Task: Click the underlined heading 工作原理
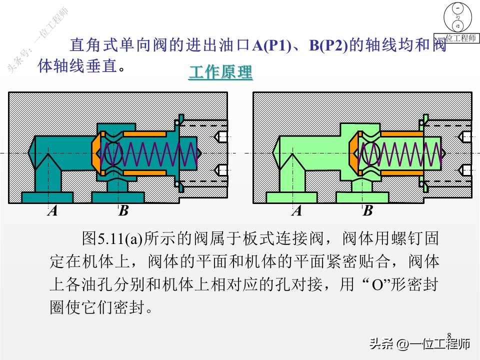point(220,72)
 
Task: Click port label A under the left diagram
point(52,211)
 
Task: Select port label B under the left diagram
point(123,211)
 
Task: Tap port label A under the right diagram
point(297,211)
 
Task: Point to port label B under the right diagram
point(368,211)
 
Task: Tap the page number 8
point(449,335)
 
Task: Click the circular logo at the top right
point(458,17)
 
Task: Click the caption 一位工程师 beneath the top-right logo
point(458,38)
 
